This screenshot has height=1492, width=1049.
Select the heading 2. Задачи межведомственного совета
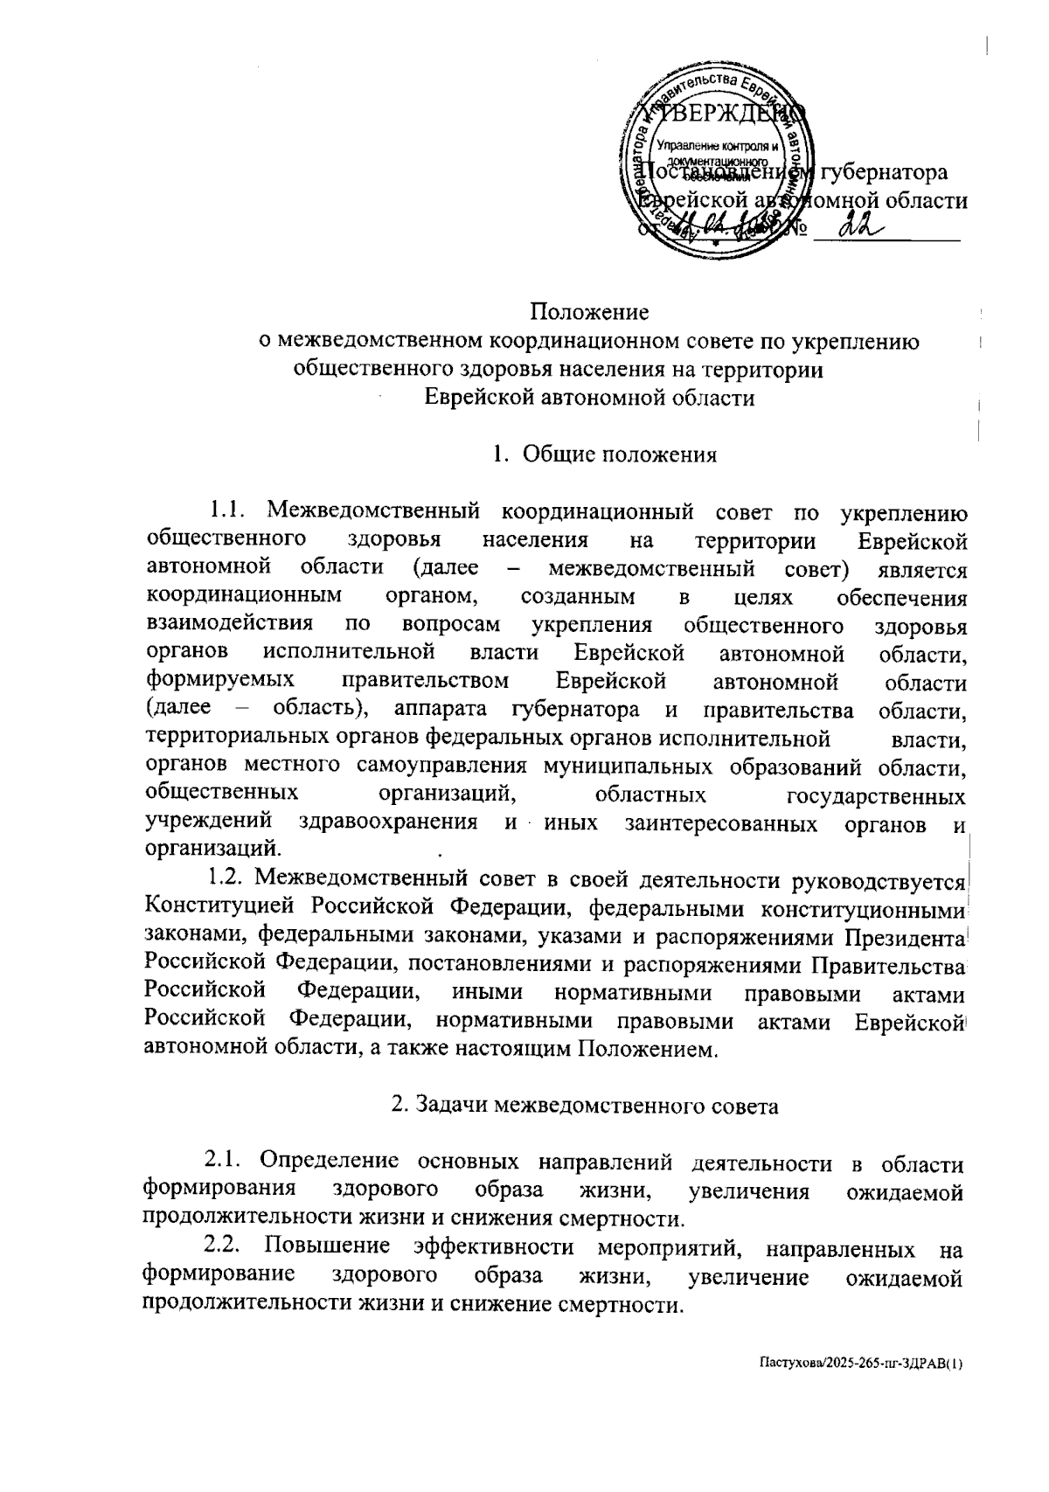pos(584,1105)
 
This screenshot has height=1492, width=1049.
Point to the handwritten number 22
pos(862,229)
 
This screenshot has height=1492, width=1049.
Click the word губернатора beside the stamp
pos(883,171)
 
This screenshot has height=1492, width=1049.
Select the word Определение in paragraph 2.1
pos(330,1163)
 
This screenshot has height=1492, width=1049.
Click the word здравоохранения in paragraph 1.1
pos(388,822)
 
